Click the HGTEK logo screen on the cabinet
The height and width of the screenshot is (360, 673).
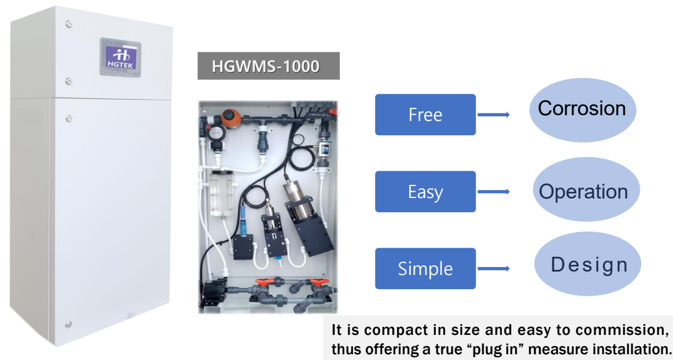pyautogui.click(x=119, y=56)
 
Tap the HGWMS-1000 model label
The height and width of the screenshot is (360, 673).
pyautogui.click(x=268, y=66)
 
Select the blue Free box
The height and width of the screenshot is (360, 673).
pyautogui.click(x=425, y=115)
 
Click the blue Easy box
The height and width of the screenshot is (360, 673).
pyautogui.click(x=425, y=192)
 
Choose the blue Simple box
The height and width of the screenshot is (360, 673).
pyautogui.click(x=425, y=268)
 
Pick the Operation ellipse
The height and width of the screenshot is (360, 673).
pyautogui.click(x=583, y=191)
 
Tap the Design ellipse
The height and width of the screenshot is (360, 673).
pyautogui.click(x=588, y=265)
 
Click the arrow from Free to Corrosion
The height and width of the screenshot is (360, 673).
pyautogui.click(x=493, y=115)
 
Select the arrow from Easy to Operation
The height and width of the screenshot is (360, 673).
pyautogui.click(x=493, y=192)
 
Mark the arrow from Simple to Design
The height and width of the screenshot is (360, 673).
pyautogui.click(x=493, y=268)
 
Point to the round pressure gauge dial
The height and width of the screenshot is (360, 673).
pyautogui.click(x=214, y=133)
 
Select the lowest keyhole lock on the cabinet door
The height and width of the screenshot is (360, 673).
pyautogui.click(x=68, y=324)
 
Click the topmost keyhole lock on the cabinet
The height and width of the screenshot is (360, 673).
pyautogui.click(x=68, y=24)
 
